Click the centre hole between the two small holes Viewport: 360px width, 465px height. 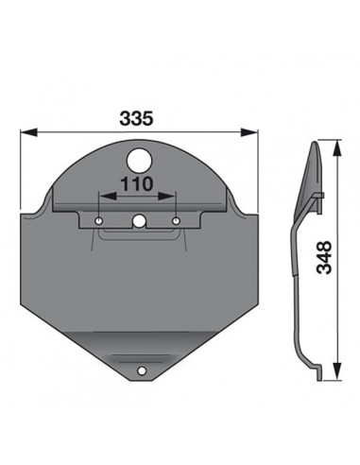139,222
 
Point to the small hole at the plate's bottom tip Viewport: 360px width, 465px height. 142,373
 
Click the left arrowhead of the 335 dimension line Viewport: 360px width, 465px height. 26,133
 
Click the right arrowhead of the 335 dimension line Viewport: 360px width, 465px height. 252,133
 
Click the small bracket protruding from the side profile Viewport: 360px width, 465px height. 319,196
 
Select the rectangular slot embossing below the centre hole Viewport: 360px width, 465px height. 139,233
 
